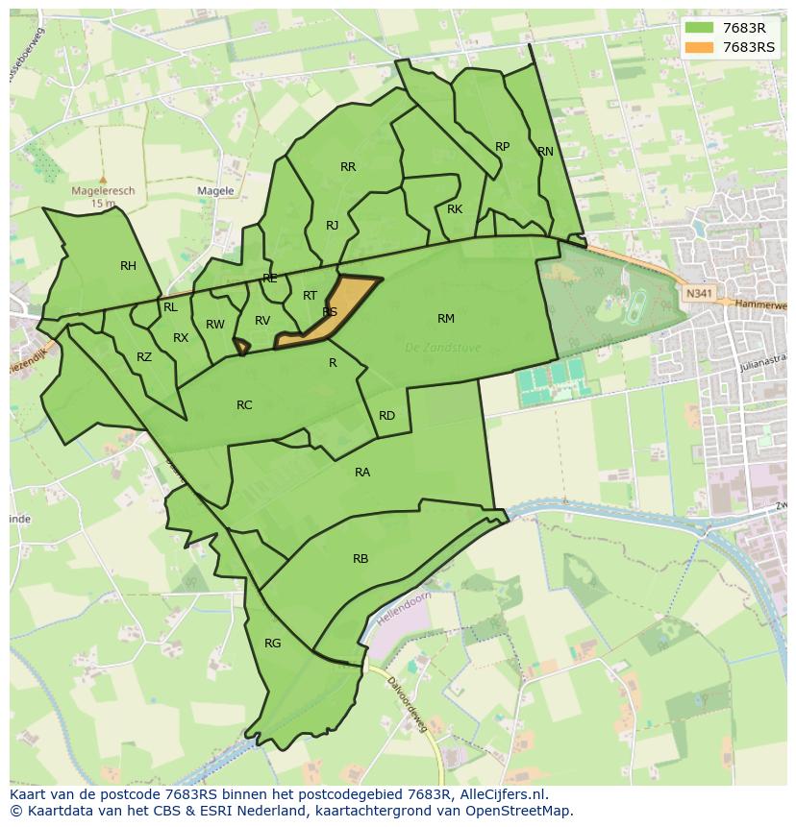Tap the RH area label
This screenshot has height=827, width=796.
128,266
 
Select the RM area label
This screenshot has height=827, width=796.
446,319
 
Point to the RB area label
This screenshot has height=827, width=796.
361,559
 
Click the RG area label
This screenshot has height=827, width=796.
273,644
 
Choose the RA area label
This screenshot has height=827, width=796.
362,473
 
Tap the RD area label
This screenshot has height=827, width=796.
386,416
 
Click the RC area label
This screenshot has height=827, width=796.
244,405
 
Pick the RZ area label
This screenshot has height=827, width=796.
144,357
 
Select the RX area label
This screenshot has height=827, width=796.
181,338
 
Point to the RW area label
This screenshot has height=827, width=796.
215,325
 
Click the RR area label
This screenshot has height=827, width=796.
348,167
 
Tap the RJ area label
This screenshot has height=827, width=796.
332,226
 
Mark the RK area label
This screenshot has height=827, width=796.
455,209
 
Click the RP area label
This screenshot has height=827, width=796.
502,147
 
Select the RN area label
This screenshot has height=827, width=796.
546,152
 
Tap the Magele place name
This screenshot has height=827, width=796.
215,191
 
